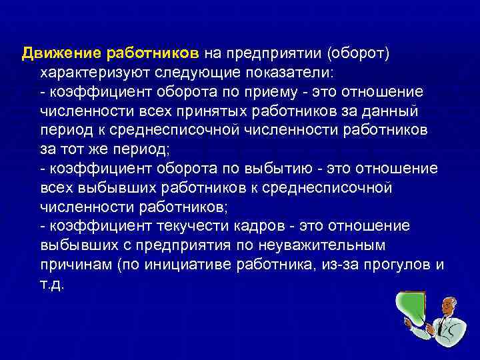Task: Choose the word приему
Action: click(297, 91)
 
